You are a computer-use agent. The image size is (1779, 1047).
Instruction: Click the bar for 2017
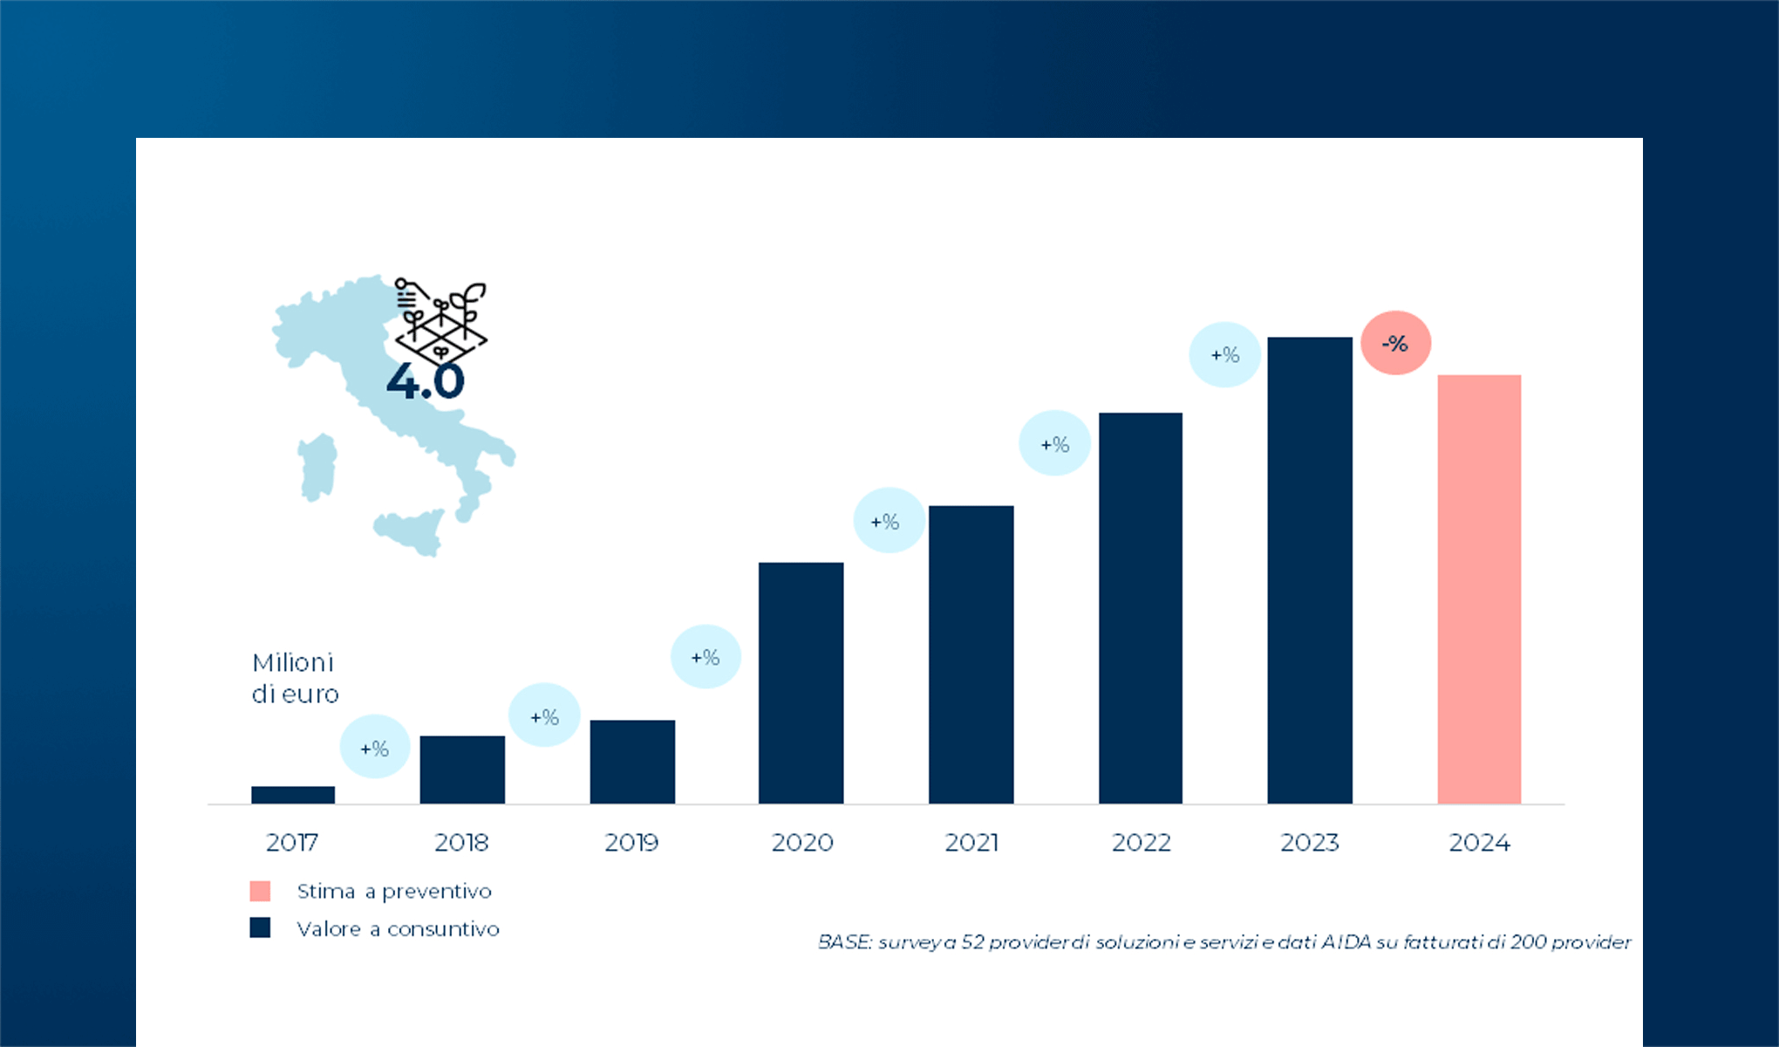click(293, 794)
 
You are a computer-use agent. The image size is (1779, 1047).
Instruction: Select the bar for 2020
click(801, 682)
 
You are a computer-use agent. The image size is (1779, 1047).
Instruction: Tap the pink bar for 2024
click(1479, 589)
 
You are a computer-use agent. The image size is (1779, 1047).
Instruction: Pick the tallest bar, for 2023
click(1310, 570)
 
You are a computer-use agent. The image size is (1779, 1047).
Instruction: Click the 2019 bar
click(632, 761)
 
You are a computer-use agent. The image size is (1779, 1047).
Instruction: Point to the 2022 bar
click(1141, 607)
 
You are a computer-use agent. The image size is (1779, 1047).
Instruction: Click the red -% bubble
click(1395, 343)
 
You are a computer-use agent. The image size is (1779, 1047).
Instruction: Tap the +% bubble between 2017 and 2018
click(374, 748)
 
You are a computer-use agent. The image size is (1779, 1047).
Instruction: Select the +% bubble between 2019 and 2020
click(705, 657)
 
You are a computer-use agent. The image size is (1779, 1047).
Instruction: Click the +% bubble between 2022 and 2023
click(1224, 354)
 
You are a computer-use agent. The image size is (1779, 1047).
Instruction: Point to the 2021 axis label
click(971, 842)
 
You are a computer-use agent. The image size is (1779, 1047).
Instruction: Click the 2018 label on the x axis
click(461, 842)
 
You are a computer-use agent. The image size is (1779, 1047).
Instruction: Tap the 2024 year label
click(1479, 842)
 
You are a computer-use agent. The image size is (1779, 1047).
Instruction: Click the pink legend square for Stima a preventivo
click(260, 891)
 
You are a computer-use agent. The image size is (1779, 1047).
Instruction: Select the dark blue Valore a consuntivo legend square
click(260, 927)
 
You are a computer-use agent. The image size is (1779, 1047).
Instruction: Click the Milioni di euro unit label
click(295, 678)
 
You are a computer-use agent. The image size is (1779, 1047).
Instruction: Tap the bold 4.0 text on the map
click(426, 381)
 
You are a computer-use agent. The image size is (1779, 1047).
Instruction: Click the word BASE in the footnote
click(843, 942)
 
